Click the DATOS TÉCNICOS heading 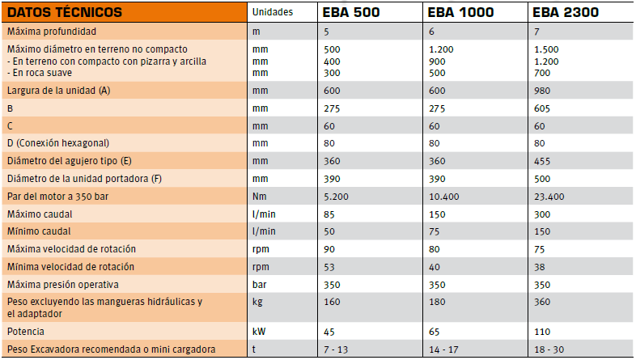click(x=65, y=12)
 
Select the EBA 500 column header click(x=351, y=12)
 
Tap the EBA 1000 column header click(x=460, y=12)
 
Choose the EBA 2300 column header click(x=566, y=12)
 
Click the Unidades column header click(x=273, y=12)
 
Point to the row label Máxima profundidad click(x=52, y=32)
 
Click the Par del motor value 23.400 click(x=549, y=197)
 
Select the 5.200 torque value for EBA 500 click(x=336, y=197)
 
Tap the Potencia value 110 click(x=542, y=332)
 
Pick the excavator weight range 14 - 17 click(x=443, y=349)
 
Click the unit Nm click(x=259, y=197)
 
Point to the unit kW click(x=259, y=332)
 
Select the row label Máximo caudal click(x=40, y=214)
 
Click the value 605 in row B click(x=542, y=108)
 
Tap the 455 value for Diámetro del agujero click(x=542, y=161)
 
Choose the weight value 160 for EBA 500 click(x=332, y=302)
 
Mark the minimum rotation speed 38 click(x=540, y=268)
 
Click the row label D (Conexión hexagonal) click(x=58, y=143)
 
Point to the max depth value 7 click(x=536, y=32)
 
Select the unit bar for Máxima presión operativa click(x=259, y=285)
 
